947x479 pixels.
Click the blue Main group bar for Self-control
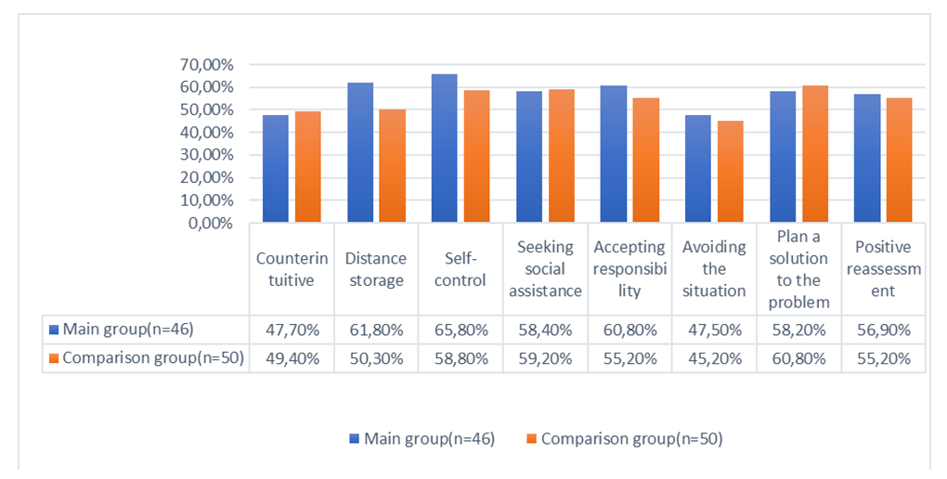coord(444,149)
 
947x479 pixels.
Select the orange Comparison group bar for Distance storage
coord(392,166)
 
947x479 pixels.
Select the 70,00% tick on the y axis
coord(206,65)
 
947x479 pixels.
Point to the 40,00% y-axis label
coord(206,133)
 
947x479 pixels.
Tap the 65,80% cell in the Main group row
coord(461,330)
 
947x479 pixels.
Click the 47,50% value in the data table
coord(714,330)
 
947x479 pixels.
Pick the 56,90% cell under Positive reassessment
coord(883,330)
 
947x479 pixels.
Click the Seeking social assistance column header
coord(545,269)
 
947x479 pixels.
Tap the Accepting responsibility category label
coord(629,269)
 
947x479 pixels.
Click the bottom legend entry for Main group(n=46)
coord(422,438)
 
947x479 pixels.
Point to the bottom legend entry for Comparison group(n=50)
coord(624,438)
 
